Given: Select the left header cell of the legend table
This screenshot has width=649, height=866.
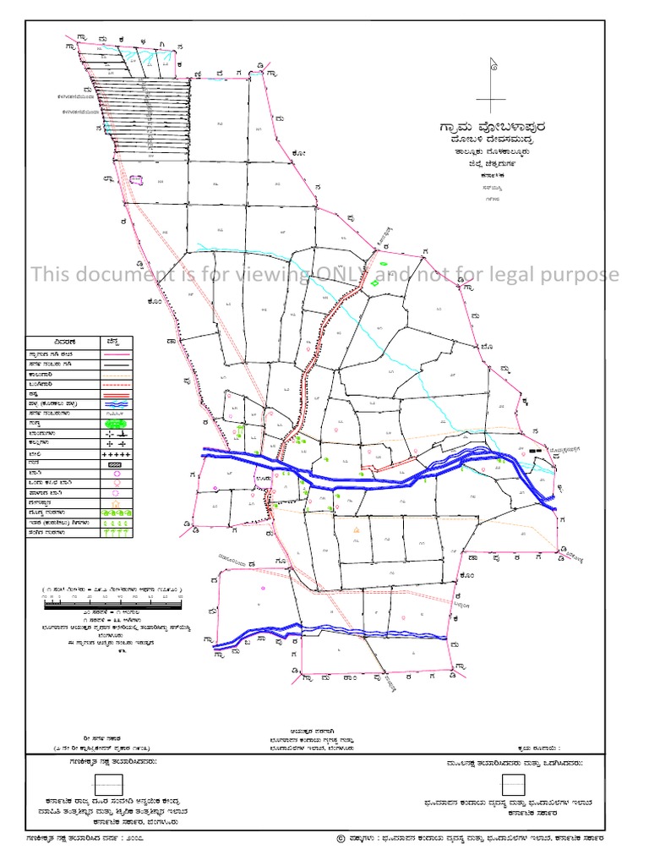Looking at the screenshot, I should coord(63,341).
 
